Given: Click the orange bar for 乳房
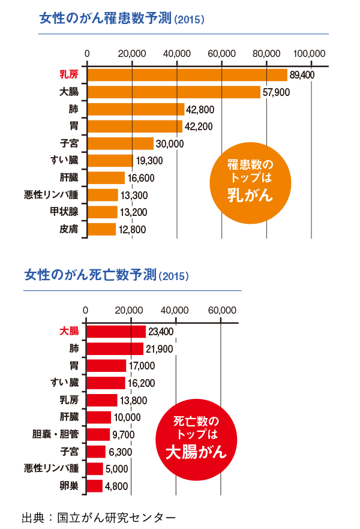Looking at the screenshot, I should pyautogui.click(x=187, y=74).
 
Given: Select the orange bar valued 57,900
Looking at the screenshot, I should pyautogui.click(x=174, y=92).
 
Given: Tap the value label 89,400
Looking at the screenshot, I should pyautogui.click(x=302, y=74).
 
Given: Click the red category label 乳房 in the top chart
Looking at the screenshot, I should pyautogui.click(x=69, y=75).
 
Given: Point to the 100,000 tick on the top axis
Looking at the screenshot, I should pyautogui.click(x=310, y=53).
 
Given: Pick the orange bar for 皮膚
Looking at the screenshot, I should pyautogui.click(x=101, y=229).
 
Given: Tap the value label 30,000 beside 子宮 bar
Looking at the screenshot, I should pyautogui.click(x=170, y=144).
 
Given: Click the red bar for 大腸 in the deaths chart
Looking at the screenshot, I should pyautogui.click(x=116, y=331).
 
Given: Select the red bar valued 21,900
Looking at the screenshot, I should pyautogui.click(x=115, y=348).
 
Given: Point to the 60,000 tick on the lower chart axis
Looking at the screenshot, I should pyautogui.click(x=221, y=310).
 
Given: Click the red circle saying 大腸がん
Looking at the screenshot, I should pyautogui.click(x=196, y=438).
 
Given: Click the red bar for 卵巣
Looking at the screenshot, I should pyautogui.click(x=95, y=486).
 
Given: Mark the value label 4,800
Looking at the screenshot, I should pyautogui.click(x=116, y=486).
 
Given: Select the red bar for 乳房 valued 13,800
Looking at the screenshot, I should pyautogui.click(x=102, y=400).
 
